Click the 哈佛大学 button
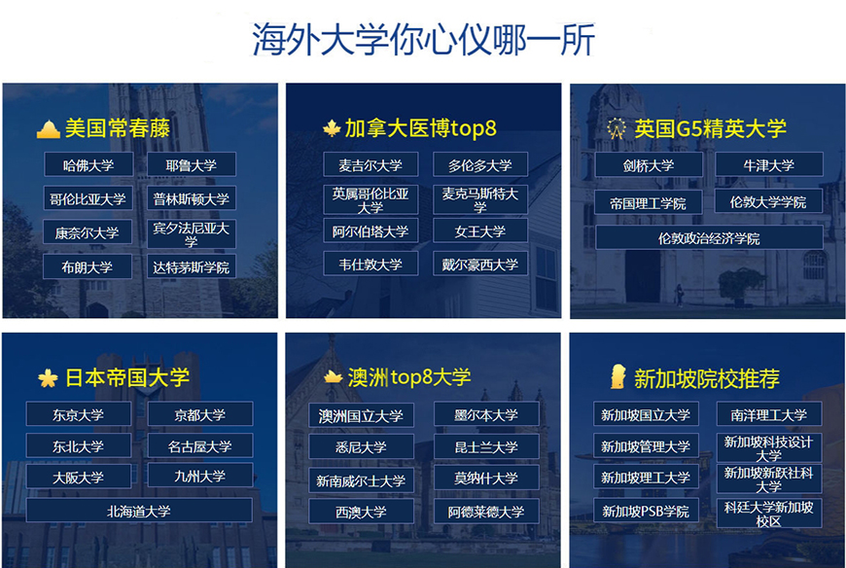click(88, 165)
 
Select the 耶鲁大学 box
click(192, 165)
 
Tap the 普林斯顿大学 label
click(192, 198)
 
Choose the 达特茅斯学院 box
click(192, 266)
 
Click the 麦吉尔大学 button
click(370, 165)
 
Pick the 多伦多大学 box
click(480, 165)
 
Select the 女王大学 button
click(480, 231)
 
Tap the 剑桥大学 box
click(649, 165)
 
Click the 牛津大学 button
click(769, 165)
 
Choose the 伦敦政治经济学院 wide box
click(709, 238)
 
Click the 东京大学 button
click(79, 414)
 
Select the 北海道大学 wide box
click(139, 511)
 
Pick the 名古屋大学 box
click(200, 446)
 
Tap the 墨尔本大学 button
click(486, 415)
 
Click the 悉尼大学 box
click(361, 447)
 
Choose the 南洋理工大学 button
click(769, 414)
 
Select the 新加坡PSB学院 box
click(646, 511)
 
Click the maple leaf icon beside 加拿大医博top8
click(332, 128)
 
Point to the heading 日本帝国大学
click(126, 377)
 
